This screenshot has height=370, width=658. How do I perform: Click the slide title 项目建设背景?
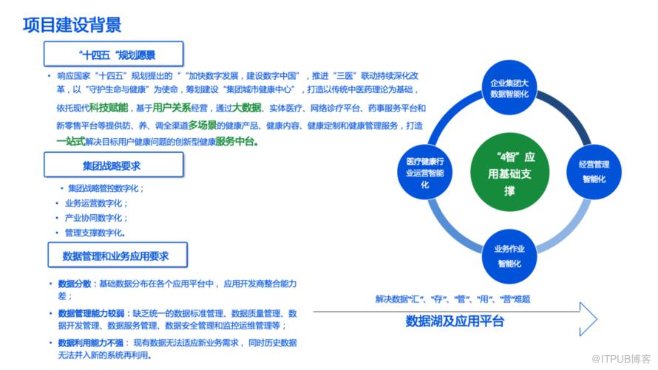pyautogui.click(x=72, y=25)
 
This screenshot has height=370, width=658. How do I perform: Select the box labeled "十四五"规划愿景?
pyautogui.click(x=114, y=54)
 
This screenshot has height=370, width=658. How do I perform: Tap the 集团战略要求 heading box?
pyautogui.click(x=114, y=165)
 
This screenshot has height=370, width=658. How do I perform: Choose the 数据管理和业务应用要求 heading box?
pyautogui.click(x=118, y=255)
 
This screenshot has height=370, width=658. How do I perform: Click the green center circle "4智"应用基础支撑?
pyautogui.click(x=509, y=173)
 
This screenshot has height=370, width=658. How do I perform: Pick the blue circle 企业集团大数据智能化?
pyautogui.click(x=509, y=87)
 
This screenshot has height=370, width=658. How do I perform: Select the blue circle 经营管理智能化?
pyautogui.click(x=594, y=172)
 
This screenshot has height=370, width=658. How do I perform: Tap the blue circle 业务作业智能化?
pyautogui.click(x=509, y=256)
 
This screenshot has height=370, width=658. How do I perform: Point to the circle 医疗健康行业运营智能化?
pyautogui.click(x=424, y=172)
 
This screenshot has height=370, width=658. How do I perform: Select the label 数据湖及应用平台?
pyautogui.click(x=455, y=321)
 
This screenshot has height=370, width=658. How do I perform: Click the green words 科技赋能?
pyautogui.click(x=109, y=108)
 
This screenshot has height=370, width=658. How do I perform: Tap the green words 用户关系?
pyautogui.click(x=172, y=108)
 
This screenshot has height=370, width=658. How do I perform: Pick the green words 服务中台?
pyautogui.click(x=235, y=142)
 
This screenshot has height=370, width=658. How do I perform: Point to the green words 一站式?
pyautogui.click(x=71, y=142)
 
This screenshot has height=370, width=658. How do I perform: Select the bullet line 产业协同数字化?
pyautogui.click(x=96, y=218)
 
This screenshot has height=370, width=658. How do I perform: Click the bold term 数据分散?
pyautogui.click(x=74, y=284)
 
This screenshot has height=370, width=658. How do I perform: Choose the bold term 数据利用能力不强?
pyautogui.click(x=91, y=343)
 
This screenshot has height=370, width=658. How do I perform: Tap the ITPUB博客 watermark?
pyautogui.click(x=620, y=359)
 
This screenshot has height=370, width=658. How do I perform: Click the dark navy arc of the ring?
pyautogui.click(x=569, y=112)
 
